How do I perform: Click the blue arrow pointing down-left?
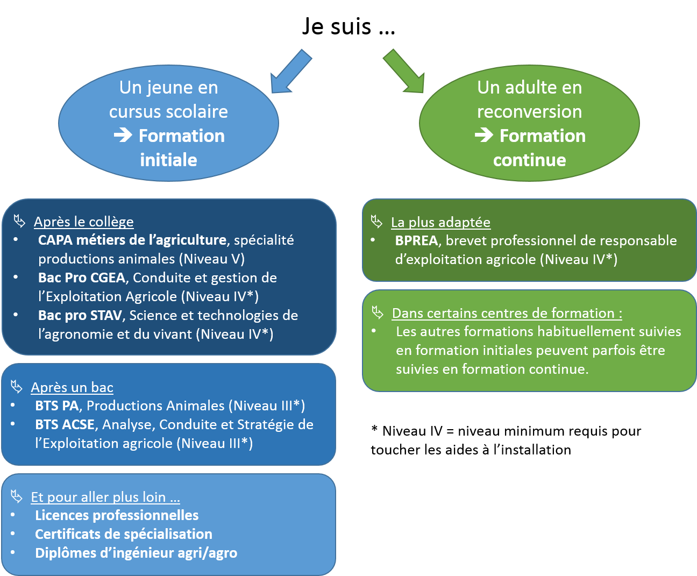[x=289, y=73]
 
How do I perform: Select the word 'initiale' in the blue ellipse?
[x=168, y=160]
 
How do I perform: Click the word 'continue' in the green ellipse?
[x=529, y=160]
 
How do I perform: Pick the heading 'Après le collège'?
[x=83, y=222]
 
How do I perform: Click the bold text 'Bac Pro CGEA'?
[x=82, y=278]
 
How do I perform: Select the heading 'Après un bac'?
[x=72, y=387]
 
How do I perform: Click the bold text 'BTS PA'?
[x=56, y=406]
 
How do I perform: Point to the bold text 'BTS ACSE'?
[x=65, y=424]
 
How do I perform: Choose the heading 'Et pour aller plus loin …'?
[x=105, y=497]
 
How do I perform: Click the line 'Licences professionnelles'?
[x=117, y=515]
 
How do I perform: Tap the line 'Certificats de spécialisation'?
[x=124, y=534]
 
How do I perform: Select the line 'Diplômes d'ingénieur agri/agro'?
[x=136, y=553]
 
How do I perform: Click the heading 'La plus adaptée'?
[x=440, y=222]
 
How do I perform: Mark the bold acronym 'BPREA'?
[x=416, y=240]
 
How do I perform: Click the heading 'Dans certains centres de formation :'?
[x=507, y=313]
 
